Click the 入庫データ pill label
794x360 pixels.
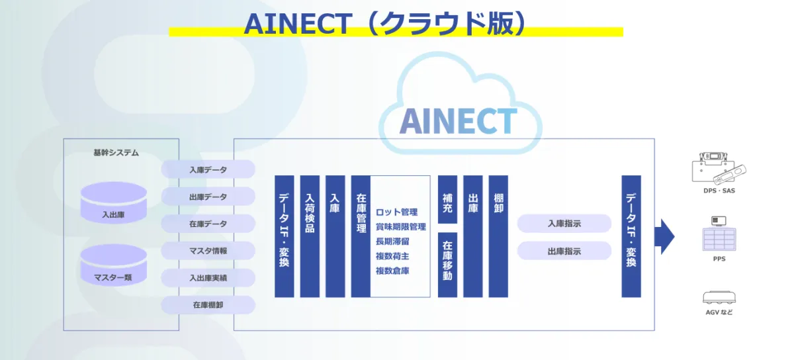pos(208,169)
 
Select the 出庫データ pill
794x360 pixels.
pos(208,197)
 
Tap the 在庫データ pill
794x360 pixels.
pos(208,224)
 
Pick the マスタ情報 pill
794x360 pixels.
pos(208,251)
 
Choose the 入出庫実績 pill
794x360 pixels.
pos(208,278)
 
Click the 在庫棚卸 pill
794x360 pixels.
pos(208,304)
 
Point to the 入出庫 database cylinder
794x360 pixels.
pos(113,202)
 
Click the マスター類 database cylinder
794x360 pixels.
pos(113,265)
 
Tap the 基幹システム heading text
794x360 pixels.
pos(116,153)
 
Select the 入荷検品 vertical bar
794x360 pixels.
pos(310,236)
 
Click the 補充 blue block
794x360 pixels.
pos(447,199)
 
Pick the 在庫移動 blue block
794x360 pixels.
pos(447,265)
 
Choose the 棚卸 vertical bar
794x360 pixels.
pos(498,236)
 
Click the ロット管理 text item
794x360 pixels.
pos(396,212)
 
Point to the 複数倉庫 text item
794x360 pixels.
pos(392,271)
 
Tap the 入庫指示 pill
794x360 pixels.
pos(564,224)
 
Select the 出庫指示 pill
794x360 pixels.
pos(564,251)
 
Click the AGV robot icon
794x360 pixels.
pos(719,297)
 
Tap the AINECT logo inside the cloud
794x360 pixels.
pos(459,121)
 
